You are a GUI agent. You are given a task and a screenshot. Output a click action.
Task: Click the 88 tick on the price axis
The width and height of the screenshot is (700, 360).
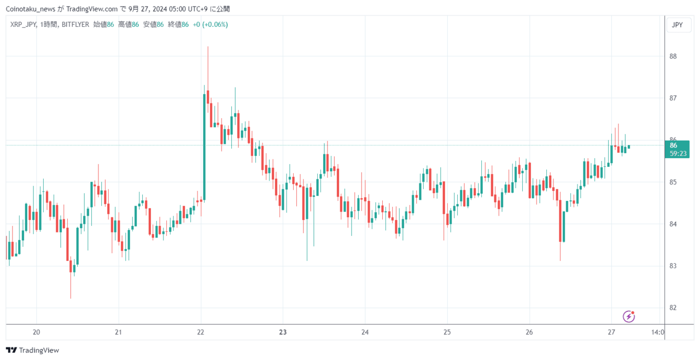click(x=673, y=56)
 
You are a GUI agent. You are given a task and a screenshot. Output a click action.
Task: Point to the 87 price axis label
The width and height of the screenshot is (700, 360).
click(x=673, y=98)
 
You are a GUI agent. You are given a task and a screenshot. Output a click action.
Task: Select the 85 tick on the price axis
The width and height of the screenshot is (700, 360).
click(x=673, y=182)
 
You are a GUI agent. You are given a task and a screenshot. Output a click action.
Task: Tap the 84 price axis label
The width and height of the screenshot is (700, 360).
click(x=673, y=224)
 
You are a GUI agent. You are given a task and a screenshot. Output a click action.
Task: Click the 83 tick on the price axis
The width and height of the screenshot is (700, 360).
click(x=673, y=266)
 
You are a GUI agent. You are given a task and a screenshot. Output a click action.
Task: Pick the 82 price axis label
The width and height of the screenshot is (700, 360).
click(x=673, y=308)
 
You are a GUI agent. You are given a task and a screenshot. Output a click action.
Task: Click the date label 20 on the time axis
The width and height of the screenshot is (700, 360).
click(x=36, y=332)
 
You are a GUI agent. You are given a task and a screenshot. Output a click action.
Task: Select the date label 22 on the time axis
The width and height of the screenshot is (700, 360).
click(x=201, y=332)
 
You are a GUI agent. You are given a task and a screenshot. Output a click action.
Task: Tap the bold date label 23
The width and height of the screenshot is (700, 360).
click(x=283, y=332)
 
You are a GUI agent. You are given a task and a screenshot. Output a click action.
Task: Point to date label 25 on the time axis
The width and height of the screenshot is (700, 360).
click(x=447, y=332)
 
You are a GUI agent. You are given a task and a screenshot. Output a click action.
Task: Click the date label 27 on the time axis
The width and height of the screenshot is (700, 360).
click(x=611, y=332)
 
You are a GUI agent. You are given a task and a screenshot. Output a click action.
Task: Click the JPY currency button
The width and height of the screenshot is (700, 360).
click(x=677, y=25)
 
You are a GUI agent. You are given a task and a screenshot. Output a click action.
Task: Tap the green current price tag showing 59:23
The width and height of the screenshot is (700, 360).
click(x=677, y=149)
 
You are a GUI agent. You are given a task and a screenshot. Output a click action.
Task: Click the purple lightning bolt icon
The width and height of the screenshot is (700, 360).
click(x=628, y=317)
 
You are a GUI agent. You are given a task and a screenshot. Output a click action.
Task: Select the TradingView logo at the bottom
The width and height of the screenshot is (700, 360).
click(x=32, y=350)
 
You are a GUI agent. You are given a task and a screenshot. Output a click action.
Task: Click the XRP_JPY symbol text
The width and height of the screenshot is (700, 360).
click(x=23, y=25)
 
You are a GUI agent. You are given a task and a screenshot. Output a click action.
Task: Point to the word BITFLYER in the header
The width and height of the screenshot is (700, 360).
click(x=75, y=25)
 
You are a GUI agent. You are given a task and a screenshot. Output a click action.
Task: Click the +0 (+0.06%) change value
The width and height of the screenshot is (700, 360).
click(x=211, y=25)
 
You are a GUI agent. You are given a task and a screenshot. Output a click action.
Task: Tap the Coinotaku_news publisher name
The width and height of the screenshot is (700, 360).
click(x=30, y=9)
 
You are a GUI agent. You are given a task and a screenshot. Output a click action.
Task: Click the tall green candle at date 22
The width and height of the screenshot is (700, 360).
click(x=205, y=147)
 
